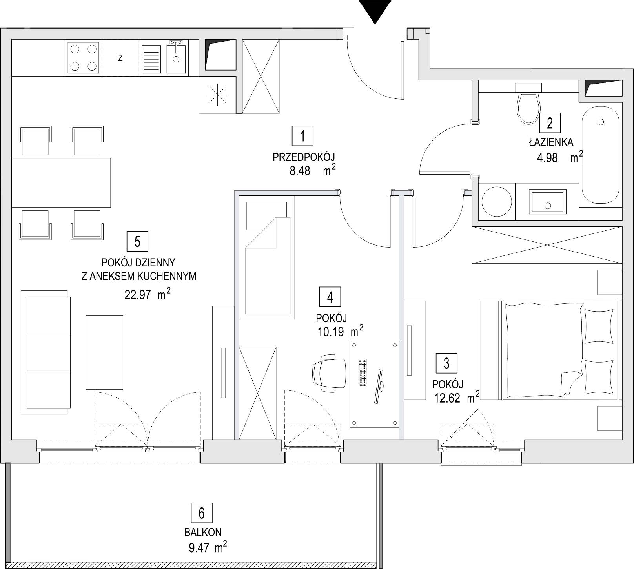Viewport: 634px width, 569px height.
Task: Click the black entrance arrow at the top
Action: pyautogui.click(x=375, y=11)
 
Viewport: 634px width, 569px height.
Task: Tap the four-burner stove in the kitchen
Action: pyautogui.click(x=83, y=58)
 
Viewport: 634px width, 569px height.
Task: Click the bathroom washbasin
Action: pyautogui.click(x=548, y=201)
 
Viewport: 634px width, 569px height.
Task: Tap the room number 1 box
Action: pyautogui.click(x=302, y=136)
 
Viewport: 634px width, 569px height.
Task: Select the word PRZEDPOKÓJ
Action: pyautogui.click(x=303, y=158)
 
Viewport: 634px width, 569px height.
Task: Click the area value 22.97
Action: pyautogui.click(x=138, y=295)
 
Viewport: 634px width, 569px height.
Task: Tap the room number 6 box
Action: pyautogui.click(x=202, y=513)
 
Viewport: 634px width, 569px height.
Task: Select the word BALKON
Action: pyautogui.click(x=203, y=533)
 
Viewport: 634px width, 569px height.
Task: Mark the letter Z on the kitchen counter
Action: pyautogui.click(x=120, y=58)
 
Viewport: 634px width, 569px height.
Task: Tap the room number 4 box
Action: pyautogui.click(x=330, y=297)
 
